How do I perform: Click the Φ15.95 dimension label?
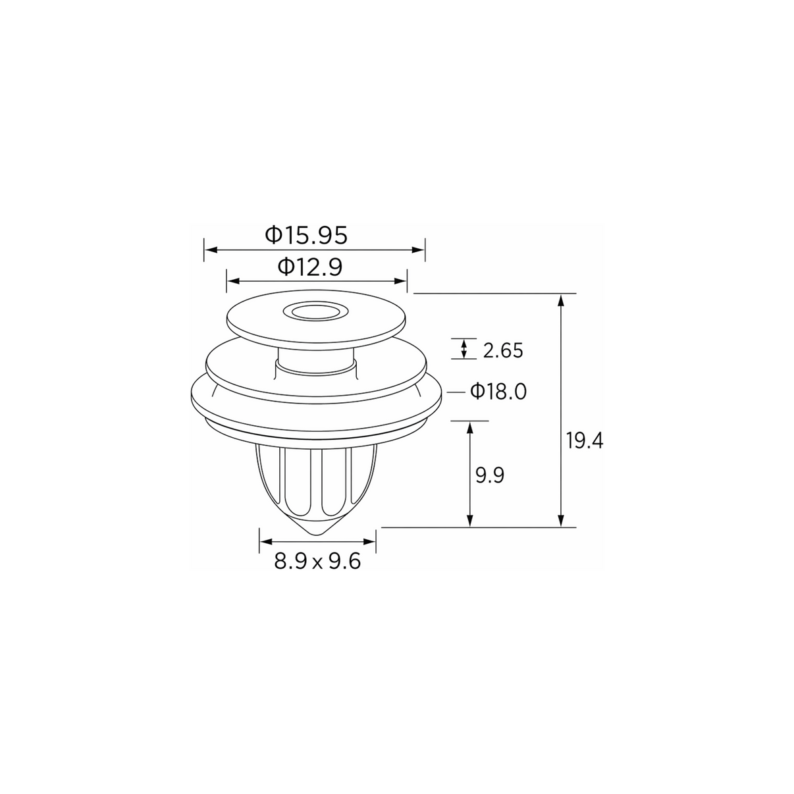(x=306, y=235)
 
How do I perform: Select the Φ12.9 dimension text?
(x=310, y=267)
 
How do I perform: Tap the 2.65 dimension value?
(x=503, y=351)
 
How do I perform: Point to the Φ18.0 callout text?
(x=498, y=392)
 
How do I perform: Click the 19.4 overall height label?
(x=584, y=441)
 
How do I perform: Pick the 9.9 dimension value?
(x=490, y=475)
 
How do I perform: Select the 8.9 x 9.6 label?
(x=317, y=561)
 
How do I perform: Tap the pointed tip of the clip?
(x=317, y=534)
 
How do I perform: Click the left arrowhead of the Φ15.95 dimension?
(x=211, y=250)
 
